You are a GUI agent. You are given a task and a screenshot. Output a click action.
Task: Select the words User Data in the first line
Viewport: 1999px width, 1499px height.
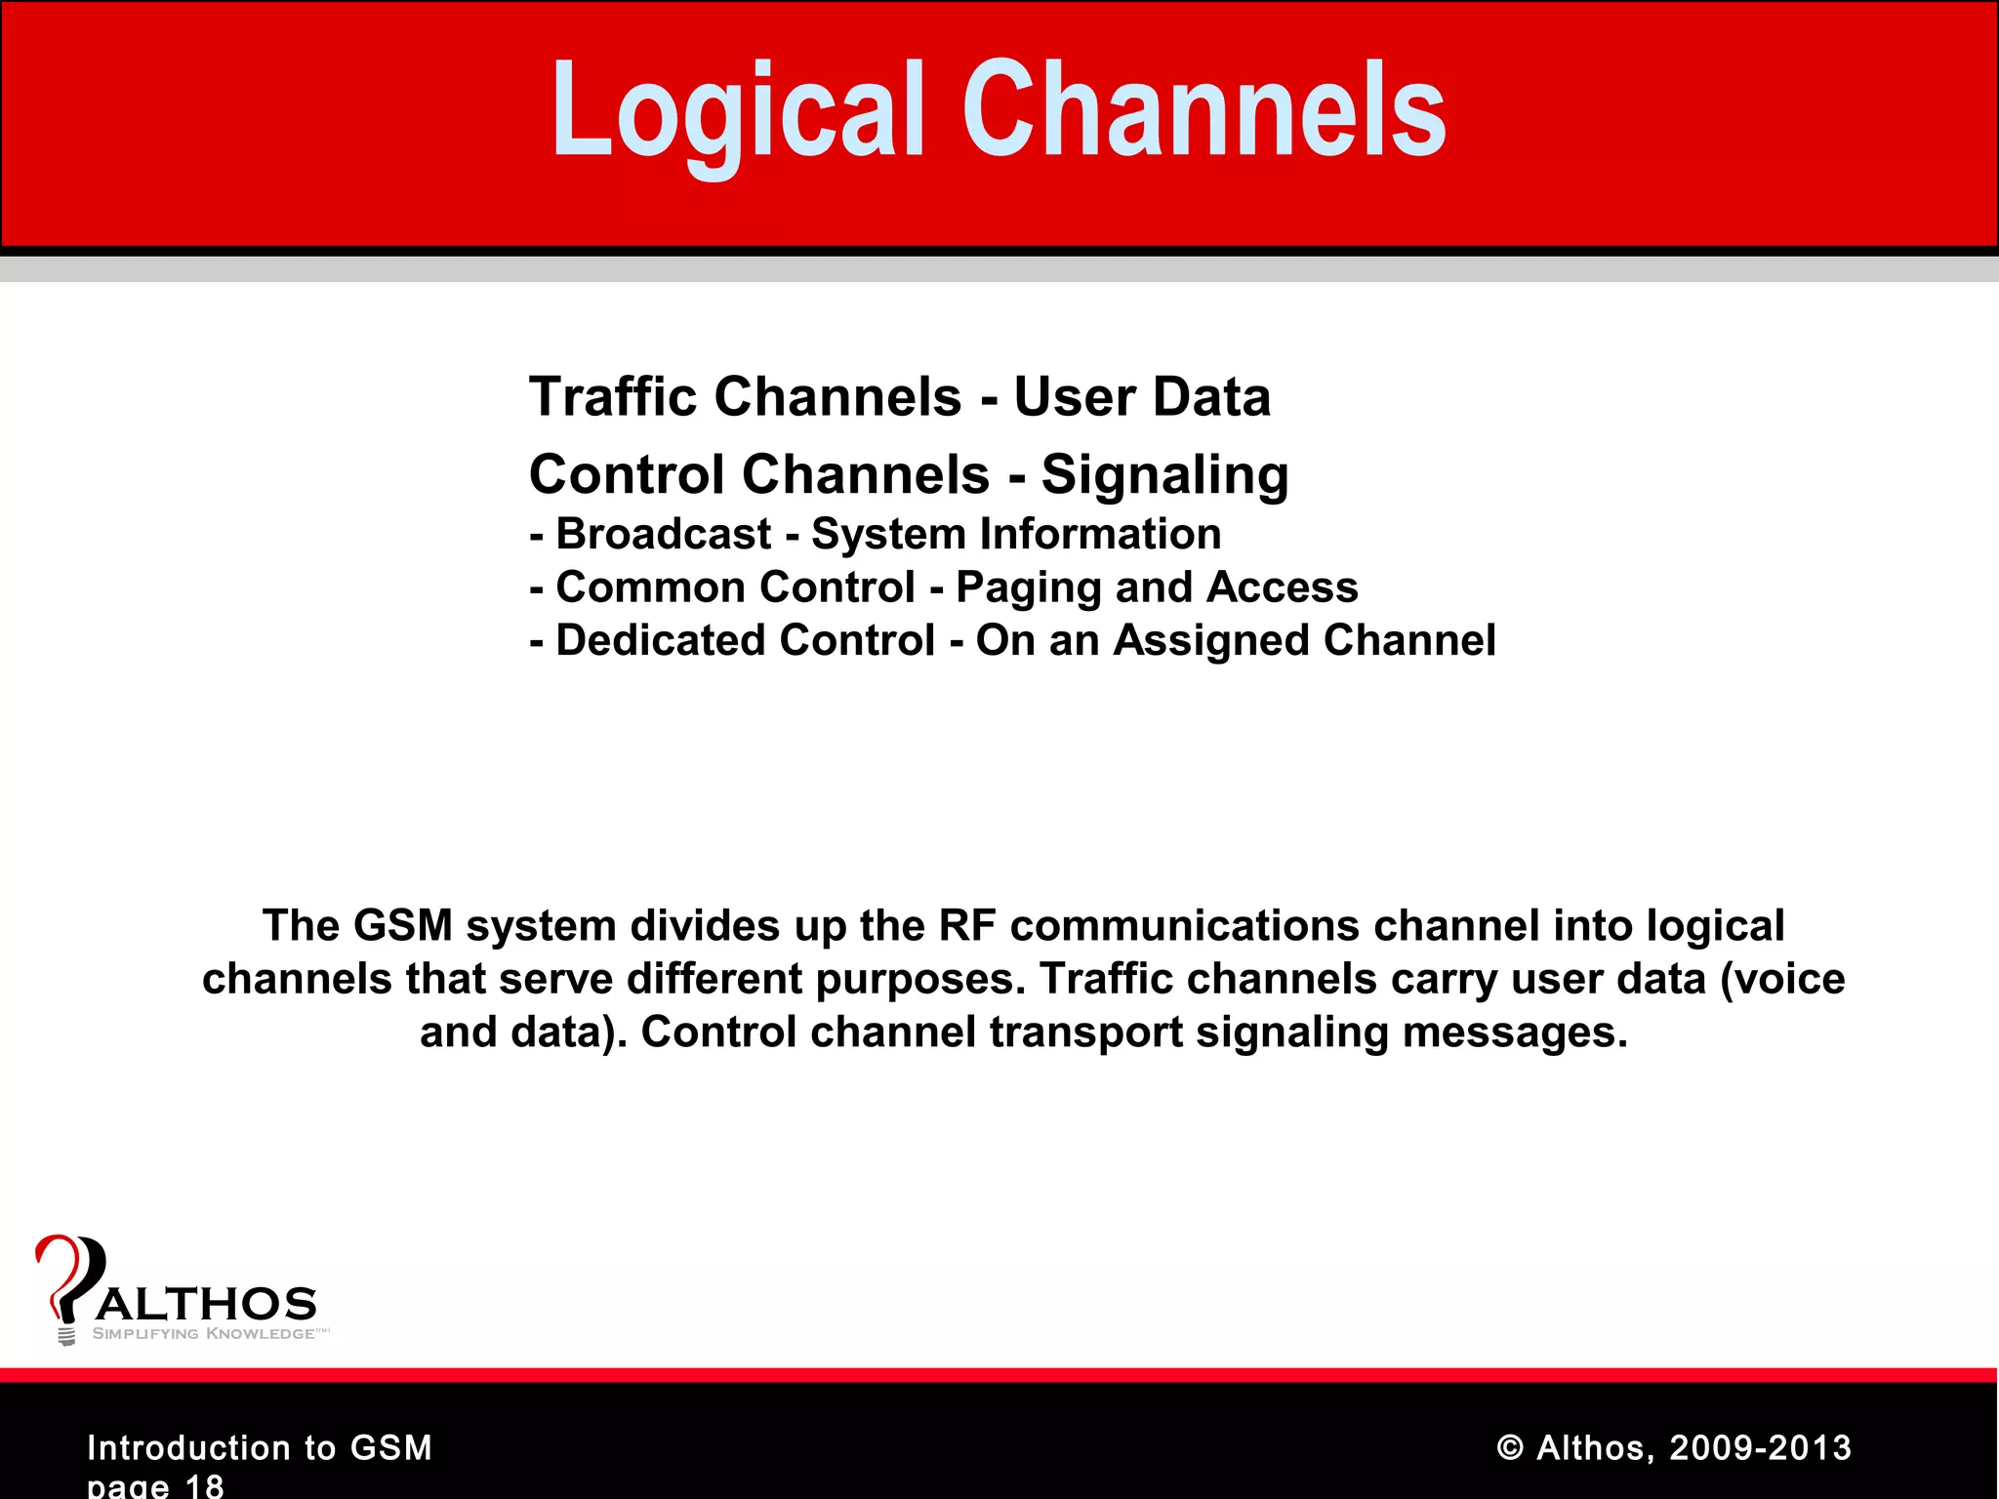point(1142,397)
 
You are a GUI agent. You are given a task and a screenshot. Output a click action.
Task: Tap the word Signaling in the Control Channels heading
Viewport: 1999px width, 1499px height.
point(1164,475)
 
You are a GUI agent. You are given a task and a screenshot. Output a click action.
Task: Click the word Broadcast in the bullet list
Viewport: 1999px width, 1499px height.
point(664,535)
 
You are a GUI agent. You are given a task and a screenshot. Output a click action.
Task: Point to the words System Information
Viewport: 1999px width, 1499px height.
point(1016,535)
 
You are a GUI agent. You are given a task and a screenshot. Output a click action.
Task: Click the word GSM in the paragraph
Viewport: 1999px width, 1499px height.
point(402,926)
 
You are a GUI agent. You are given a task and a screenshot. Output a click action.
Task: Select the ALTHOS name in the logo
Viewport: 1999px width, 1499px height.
point(206,1305)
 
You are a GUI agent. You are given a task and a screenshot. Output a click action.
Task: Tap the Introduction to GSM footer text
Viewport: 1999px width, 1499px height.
point(260,1447)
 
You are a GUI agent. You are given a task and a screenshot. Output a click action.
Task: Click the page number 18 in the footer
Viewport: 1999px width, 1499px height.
point(204,1485)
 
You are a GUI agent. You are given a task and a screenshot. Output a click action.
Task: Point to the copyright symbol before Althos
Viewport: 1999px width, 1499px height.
point(1510,1448)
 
